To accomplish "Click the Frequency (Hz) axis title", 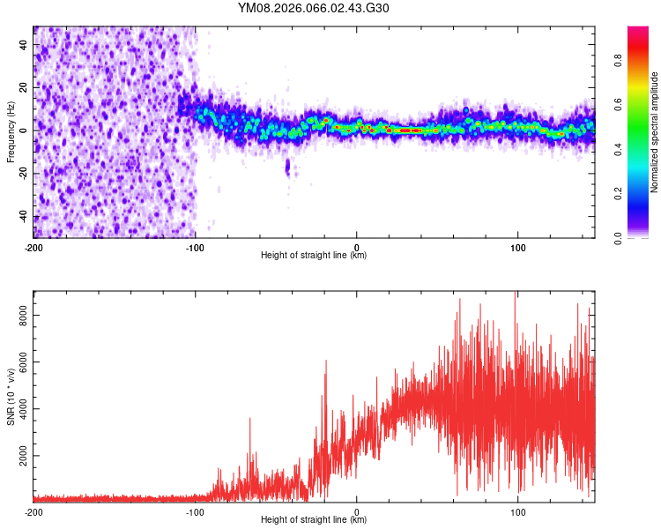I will pos(11,132).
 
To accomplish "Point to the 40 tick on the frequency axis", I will pos(24,44).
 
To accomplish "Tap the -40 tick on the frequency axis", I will pos(24,217).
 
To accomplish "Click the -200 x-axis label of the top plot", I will pos(33,247).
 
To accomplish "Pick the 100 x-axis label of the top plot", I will pos(518,247).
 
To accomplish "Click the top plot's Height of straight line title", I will pos(314,256).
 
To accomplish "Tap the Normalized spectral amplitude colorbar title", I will pos(655,132).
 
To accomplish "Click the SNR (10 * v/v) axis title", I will pos(11,397).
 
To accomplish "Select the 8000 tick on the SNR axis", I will pos(19,315).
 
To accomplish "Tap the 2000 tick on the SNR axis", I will pos(19,457).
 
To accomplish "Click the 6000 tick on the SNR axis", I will pos(19,362).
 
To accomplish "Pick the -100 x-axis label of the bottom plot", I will pos(195,511).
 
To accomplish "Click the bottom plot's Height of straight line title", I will pos(314,520).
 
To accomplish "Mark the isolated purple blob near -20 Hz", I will pos(287,168).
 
